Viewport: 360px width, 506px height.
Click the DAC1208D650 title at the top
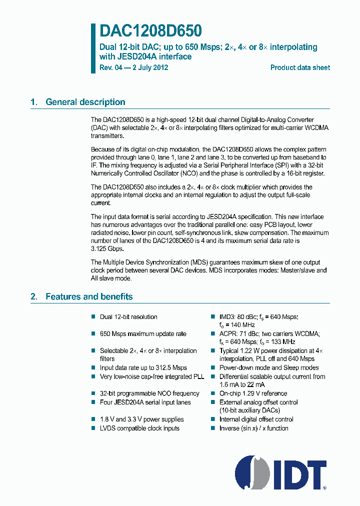(151, 31)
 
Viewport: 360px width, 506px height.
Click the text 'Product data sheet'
(300, 67)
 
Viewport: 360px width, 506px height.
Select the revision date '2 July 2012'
(148, 67)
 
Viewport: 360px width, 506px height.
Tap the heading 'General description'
(85, 102)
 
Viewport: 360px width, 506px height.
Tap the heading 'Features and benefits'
(89, 296)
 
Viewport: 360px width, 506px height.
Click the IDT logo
(280, 472)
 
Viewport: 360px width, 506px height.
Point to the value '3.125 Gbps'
(106, 248)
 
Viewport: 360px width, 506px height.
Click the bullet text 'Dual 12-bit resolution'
(128, 317)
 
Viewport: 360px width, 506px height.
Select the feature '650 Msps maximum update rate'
(142, 334)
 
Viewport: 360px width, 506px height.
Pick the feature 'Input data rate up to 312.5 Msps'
(143, 367)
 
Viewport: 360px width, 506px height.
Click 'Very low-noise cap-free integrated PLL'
(151, 376)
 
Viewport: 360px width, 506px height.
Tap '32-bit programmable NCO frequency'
(149, 393)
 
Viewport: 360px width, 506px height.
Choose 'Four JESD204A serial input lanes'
(145, 402)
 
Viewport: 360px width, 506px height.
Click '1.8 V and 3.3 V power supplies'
(141, 419)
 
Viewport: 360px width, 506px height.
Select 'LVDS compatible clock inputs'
(139, 428)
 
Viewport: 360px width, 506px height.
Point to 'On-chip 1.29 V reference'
(253, 393)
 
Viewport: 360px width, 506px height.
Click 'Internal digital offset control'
(256, 419)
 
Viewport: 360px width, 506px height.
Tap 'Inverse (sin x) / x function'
(253, 428)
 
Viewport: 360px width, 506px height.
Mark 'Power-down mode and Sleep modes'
(269, 367)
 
